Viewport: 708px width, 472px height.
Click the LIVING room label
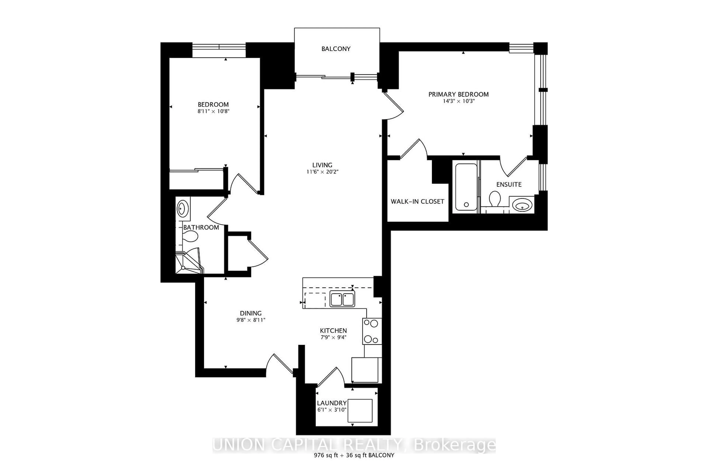point(322,165)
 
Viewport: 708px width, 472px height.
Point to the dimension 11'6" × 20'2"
point(322,172)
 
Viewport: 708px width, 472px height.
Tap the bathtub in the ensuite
point(466,187)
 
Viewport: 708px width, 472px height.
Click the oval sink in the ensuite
point(522,206)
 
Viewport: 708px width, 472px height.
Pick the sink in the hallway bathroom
point(182,208)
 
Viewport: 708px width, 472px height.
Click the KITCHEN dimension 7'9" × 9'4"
point(333,337)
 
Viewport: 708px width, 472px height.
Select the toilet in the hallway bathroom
point(190,236)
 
